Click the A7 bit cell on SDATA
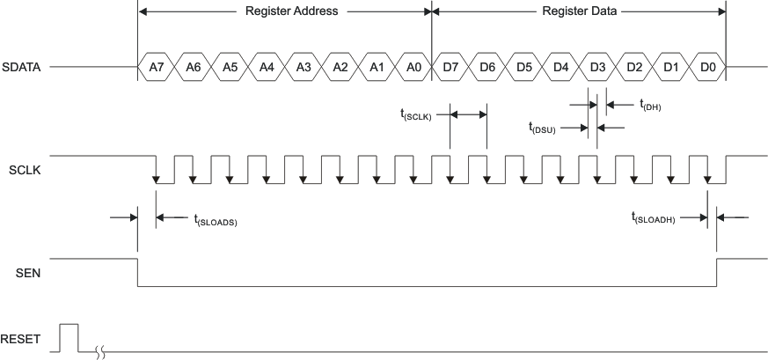pos(156,67)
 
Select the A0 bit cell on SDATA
pos(413,67)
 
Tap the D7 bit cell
pos(450,67)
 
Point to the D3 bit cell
pos(597,67)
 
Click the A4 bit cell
pos(267,67)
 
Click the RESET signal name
pos(20,339)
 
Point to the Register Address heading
pos(284,12)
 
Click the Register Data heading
pos(578,12)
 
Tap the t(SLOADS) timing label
pos(216,220)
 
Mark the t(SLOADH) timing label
pos(654,217)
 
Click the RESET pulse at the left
pos(69,335)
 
